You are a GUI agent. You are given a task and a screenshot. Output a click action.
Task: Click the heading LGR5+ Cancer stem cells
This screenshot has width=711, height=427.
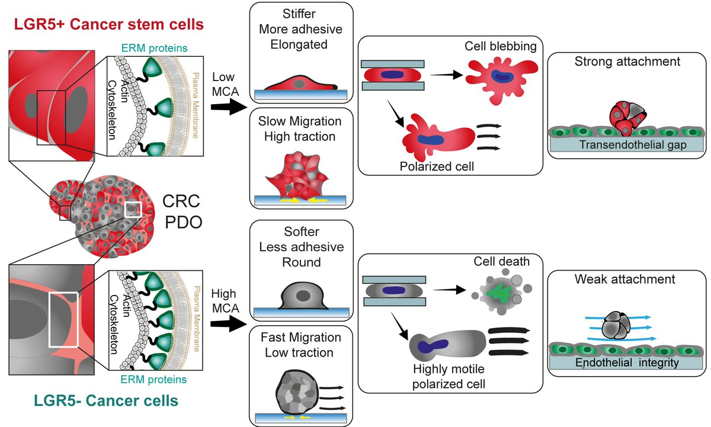[x=108, y=24]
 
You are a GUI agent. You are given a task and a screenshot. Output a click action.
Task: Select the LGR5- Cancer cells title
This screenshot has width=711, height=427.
[x=106, y=401]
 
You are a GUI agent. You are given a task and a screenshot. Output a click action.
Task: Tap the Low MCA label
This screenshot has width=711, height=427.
[x=225, y=84]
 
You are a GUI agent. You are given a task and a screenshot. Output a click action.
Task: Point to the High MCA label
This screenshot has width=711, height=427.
[x=225, y=301]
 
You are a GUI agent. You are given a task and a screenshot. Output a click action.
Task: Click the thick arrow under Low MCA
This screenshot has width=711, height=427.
[x=229, y=107]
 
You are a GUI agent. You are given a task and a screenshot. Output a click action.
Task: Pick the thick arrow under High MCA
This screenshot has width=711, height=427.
[x=229, y=324]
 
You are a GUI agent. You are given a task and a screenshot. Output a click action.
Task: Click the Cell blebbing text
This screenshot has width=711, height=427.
[x=501, y=46]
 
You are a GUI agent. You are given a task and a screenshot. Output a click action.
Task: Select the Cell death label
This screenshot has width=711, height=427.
[x=501, y=261]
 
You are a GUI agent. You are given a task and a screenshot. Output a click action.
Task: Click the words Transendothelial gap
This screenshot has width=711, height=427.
[x=633, y=145]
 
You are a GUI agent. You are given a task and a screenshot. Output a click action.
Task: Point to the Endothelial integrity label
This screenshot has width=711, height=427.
[x=627, y=362]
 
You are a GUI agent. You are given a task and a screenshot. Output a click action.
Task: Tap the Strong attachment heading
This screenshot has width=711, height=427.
[x=627, y=62]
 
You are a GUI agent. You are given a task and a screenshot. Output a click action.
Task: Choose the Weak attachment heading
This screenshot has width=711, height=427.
[x=624, y=279]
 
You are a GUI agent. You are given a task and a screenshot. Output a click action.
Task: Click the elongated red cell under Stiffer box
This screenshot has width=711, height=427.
[x=300, y=83]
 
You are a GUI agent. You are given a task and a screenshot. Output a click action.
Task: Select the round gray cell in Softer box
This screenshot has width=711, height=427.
[x=303, y=296]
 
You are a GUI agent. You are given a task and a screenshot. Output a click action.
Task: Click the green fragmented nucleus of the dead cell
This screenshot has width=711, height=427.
[x=501, y=293]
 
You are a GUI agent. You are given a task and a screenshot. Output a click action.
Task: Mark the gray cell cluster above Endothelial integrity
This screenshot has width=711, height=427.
[x=616, y=325]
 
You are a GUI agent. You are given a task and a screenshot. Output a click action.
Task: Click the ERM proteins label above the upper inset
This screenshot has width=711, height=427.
[x=154, y=48]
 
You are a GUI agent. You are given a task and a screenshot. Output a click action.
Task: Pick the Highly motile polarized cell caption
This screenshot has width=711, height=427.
[x=449, y=377]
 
